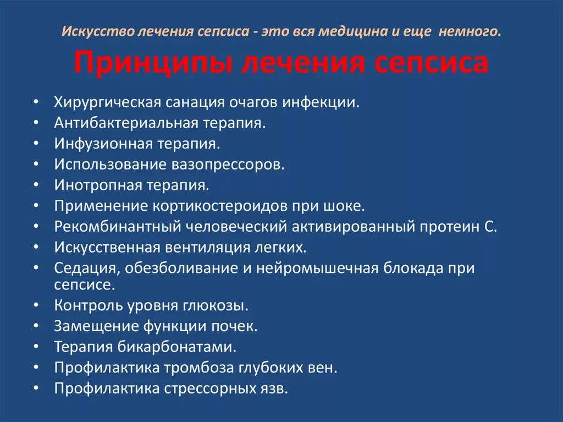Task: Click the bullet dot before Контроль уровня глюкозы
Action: pos(36,305)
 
